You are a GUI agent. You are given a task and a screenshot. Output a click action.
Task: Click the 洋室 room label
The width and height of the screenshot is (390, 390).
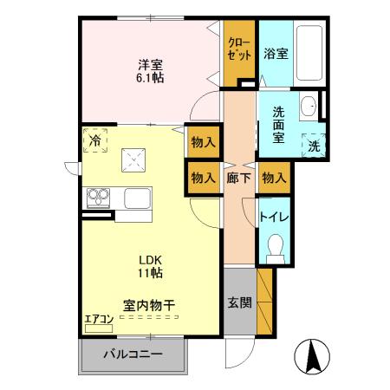point(149,63)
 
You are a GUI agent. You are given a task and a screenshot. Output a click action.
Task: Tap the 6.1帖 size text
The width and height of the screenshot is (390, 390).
point(149,77)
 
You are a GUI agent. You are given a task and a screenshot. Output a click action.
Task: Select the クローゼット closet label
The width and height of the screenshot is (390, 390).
point(239,48)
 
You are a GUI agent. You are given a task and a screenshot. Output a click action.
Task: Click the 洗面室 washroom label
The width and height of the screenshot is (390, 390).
point(278,123)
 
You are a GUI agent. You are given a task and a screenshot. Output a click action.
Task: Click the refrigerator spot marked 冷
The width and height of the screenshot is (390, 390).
point(94,139)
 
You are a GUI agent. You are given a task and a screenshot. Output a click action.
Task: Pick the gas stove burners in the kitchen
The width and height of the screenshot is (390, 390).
point(98,198)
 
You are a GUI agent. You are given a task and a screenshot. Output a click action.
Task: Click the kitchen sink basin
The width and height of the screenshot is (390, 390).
point(138,198)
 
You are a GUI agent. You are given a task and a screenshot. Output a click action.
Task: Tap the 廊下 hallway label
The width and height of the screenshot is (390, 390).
point(239,178)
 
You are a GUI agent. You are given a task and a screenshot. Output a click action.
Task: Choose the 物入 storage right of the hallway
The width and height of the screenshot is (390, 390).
point(273,178)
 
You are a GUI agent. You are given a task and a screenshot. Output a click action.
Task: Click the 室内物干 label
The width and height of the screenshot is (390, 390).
point(149,305)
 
